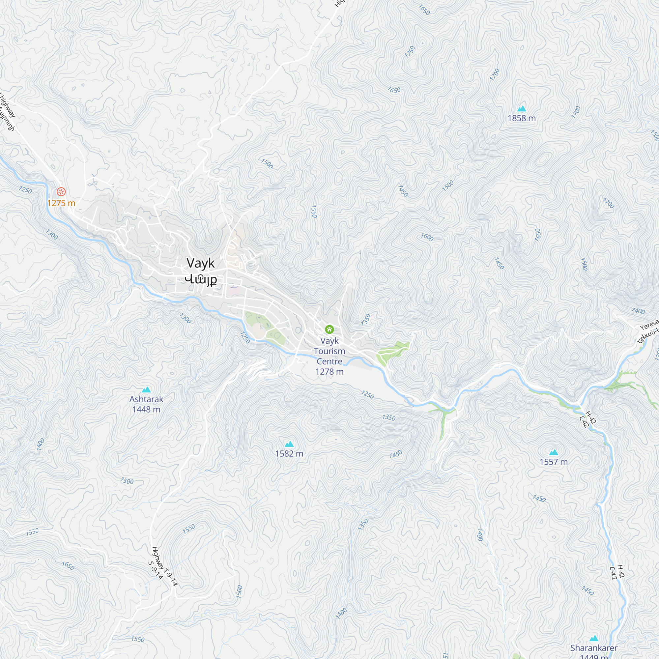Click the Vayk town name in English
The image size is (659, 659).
(201, 263)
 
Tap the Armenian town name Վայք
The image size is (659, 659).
(201, 279)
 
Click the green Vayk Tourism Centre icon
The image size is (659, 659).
(329, 329)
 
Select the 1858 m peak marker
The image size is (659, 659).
(522, 109)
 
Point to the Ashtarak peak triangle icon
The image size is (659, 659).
(146, 389)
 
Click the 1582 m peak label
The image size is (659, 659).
(289, 453)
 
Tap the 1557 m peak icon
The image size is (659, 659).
(554, 452)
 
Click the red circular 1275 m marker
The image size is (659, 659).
(61, 192)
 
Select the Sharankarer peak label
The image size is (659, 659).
(594, 648)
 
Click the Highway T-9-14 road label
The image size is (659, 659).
(165, 566)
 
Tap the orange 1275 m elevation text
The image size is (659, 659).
(61, 203)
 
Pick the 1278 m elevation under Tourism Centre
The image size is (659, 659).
(329, 371)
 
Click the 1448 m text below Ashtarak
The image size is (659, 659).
(146, 409)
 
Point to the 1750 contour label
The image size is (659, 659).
(410, 51)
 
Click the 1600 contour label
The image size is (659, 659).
(427, 237)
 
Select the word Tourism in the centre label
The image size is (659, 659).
(329, 351)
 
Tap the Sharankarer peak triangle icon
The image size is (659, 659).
(594, 639)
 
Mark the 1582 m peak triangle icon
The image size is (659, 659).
(289, 444)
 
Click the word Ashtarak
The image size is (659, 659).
(146, 399)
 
